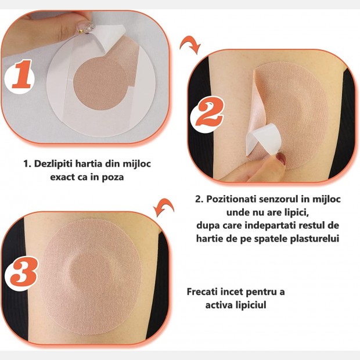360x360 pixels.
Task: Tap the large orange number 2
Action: click(x=208, y=114)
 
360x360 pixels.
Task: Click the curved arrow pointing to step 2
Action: click(x=190, y=45)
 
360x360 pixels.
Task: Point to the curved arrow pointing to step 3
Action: click(x=164, y=207)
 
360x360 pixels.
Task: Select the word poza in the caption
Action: click(x=113, y=178)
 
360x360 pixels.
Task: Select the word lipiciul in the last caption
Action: click(x=251, y=305)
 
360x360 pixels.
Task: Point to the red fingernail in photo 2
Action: click(x=281, y=159)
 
